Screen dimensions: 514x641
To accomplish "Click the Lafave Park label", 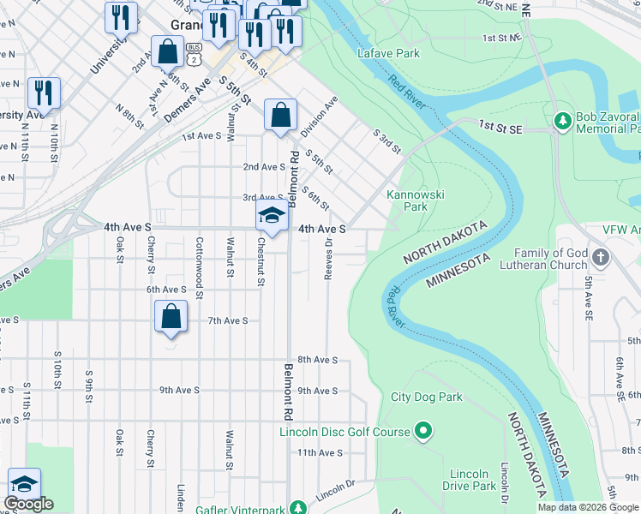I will click(x=388, y=53).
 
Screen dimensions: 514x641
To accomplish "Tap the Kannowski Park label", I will click(x=416, y=200).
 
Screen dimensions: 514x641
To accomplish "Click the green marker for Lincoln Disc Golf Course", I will click(x=422, y=431).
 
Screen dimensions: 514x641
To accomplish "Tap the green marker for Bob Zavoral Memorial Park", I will click(x=563, y=120).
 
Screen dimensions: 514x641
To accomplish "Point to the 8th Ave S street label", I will click(x=317, y=360).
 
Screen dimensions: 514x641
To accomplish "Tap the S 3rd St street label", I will click(x=386, y=141).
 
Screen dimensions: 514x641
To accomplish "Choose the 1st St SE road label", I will click(x=499, y=127).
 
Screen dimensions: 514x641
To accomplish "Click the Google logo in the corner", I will click(x=28, y=504).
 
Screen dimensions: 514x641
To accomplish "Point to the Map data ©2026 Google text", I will click(x=587, y=507).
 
